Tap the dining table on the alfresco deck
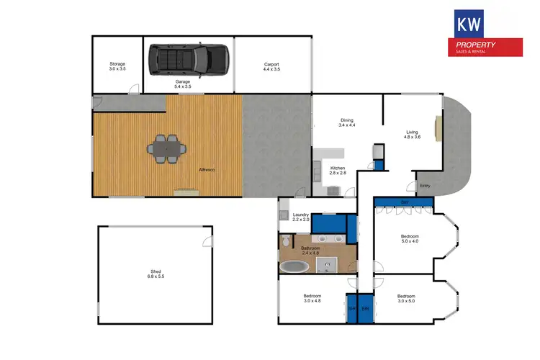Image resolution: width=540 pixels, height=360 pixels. (166, 149)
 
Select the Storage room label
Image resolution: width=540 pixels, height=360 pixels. (117, 64)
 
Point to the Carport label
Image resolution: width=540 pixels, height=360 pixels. (271, 64)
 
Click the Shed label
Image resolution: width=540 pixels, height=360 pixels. (156, 271)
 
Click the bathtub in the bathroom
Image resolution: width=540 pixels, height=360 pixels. (294, 266)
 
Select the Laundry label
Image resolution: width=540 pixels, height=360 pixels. (300, 215)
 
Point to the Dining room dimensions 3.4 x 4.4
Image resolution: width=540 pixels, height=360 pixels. (346, 125)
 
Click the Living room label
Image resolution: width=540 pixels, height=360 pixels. (412, 132)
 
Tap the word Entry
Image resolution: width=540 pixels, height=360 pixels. (425, 186)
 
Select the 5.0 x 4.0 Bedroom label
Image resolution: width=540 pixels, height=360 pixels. (410, 236)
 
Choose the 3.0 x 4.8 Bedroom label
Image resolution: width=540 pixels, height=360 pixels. (312, 296)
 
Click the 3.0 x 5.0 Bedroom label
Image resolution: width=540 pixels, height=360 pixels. (407, 296)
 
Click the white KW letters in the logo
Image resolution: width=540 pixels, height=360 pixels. (468, 24)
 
